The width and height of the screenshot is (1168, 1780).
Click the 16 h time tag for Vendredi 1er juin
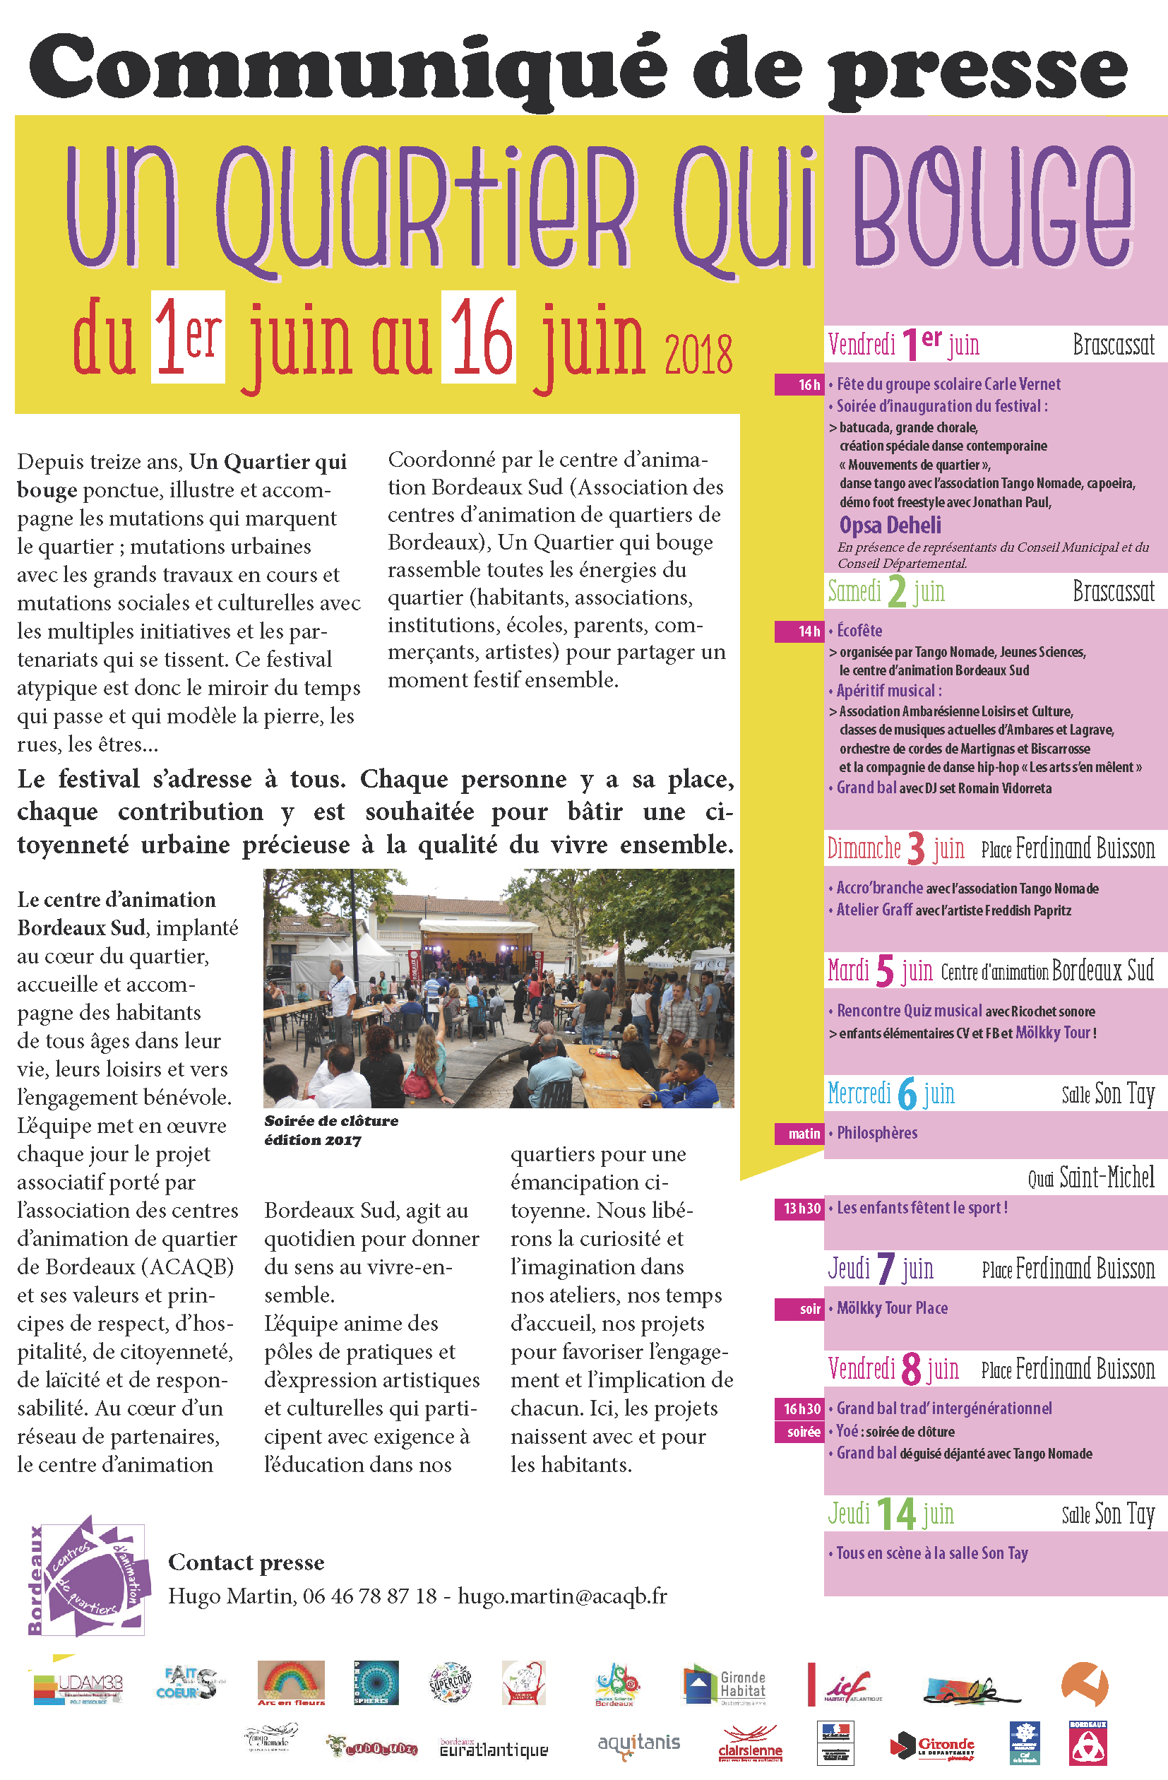coord(800,384)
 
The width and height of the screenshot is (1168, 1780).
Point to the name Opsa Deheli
coord(890,525)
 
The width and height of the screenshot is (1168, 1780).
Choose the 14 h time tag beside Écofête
coord(800,631)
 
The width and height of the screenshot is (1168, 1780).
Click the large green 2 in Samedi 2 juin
coord(897,593)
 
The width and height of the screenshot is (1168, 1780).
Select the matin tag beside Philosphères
coord(800,1133)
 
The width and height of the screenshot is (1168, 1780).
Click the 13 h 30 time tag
coord(800,1208)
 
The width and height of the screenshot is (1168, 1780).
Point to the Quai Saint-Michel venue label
coord(1091,1178)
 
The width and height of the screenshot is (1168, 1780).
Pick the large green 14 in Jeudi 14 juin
coord(896,1514)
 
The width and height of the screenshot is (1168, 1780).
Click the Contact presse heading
coord(246,1562)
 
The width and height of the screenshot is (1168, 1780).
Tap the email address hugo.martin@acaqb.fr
coord(562,1596)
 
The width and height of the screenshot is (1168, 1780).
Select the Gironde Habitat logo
coord(724,1685)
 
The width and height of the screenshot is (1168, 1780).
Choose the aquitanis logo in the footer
coord(638,1743)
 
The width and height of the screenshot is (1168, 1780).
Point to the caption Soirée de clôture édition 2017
coord(331,1130)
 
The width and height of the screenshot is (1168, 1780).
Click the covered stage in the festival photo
coord(477,944)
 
